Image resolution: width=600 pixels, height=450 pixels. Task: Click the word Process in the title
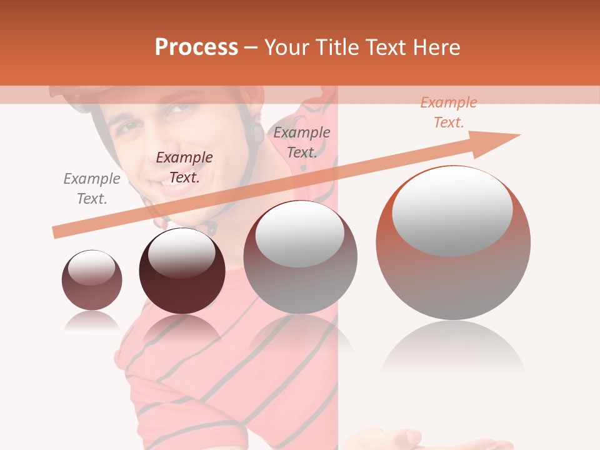[196, 47]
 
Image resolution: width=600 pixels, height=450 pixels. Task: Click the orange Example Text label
[448, 112]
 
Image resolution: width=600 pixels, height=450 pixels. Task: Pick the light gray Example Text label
[92, 189]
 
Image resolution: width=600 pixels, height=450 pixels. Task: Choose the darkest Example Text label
[184, 167]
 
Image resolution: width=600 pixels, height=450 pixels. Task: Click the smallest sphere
[92, 280]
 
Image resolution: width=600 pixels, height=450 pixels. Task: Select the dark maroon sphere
[182, 271]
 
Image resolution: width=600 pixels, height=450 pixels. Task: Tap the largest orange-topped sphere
[453, 242]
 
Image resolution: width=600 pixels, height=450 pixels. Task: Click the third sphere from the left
[300, 257]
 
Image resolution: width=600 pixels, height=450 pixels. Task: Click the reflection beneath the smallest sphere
[92, 321]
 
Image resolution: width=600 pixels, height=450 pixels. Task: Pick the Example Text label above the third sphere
[302, 142]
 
